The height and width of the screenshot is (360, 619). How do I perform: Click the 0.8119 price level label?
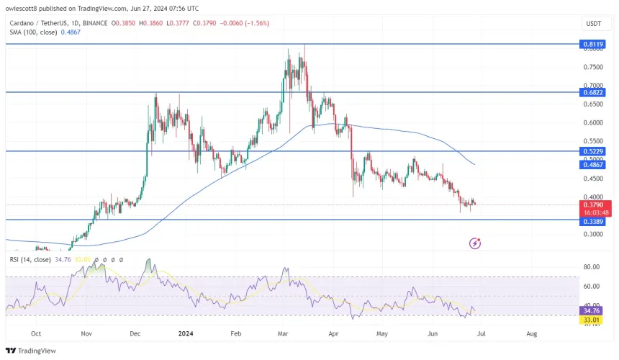click(595, 44)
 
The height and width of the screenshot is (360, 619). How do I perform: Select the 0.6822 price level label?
click(595, 92)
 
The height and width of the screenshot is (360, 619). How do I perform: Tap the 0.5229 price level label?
click(595, 152)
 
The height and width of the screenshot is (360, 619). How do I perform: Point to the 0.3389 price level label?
click(595, 222)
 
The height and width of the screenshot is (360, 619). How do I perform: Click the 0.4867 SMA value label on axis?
click(595, 165)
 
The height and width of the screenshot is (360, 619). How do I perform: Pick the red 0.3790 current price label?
click(595, 204)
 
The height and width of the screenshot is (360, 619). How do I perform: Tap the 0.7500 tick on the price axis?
click(595, 67)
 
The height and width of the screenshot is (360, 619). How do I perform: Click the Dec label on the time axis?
click(135, 334)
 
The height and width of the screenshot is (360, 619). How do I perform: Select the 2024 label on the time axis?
click(186, 334)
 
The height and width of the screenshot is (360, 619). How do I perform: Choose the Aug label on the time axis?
click(532, 334)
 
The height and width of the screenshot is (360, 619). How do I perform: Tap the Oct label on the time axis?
click(36, 334)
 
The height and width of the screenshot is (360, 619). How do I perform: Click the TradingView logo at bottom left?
click(34, 351)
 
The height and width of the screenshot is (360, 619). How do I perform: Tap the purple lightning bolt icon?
click(474, 243)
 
